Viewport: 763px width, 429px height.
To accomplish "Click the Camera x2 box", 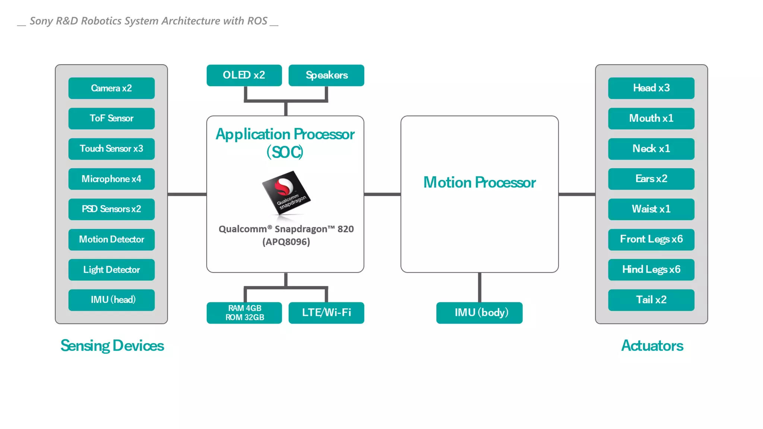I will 111,88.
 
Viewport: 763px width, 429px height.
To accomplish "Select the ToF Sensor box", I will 111,118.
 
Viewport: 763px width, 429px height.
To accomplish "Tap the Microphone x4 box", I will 111,179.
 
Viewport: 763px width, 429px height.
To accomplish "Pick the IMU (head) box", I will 111,300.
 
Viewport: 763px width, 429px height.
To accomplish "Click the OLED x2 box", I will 244,75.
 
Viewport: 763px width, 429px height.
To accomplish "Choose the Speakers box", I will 326,75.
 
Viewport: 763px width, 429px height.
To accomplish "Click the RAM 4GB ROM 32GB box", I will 244,313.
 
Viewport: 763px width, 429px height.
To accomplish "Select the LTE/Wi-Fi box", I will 326,313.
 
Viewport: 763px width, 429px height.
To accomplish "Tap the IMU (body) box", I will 479,313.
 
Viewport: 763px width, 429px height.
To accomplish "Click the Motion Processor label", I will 479,182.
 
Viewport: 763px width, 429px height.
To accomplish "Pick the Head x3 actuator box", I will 651,88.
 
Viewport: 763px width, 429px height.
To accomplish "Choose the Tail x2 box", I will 651,300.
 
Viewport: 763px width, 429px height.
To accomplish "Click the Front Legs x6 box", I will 651,239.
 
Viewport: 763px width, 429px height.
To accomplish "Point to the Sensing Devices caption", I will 112,346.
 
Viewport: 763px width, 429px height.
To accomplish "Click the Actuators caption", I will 652,346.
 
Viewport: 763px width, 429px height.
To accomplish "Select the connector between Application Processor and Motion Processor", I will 382,194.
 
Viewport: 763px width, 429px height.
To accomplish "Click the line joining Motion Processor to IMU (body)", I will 479,287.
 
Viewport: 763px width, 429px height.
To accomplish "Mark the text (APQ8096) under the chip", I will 286,242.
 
